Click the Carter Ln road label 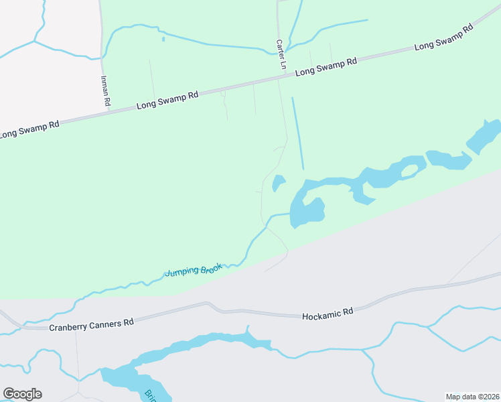[x=281, y=54]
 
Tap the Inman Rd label [x=104, y=91]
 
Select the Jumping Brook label [x=193, y=269]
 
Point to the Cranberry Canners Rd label [x=91, y=324]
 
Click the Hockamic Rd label [x=328, y=313]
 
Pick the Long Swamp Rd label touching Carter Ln [x=326, y=66]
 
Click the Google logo [x=22, y=394]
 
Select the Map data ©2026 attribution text [x=472, y=396]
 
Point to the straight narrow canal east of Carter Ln [x=297, y=133]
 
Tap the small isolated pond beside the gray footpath [x=279, y=182]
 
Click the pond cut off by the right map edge [x=484, y=136]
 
